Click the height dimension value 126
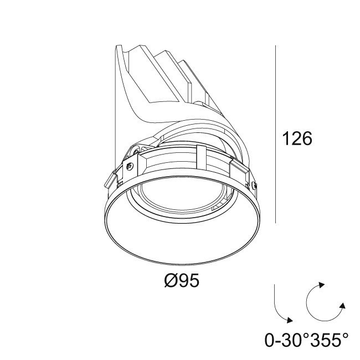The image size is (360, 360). click(x=297, y=138)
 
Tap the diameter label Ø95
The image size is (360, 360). click(x=182, y=280)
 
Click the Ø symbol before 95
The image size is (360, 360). click(x=171, y=280)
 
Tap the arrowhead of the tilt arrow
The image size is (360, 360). click(x=290, y=320)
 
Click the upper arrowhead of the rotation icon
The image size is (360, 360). click(x=321, y=285)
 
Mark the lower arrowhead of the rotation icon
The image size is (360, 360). click(x=343, y=306)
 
